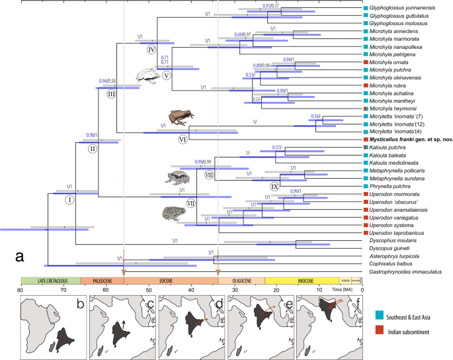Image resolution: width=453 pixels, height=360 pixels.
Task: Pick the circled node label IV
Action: (151, 50)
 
